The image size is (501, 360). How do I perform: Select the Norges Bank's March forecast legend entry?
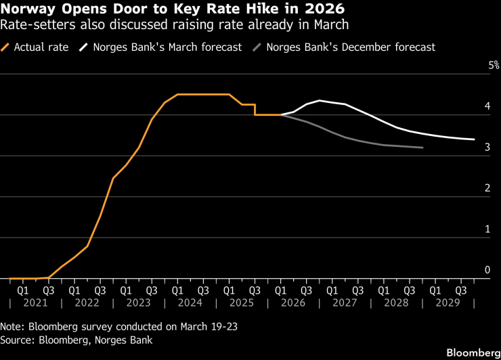[x=160, y=47]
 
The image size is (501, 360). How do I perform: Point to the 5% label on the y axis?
[x=494, y=66]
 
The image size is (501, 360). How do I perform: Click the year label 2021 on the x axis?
[x=35, y=304]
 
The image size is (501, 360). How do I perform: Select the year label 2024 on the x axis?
[x=190, y=304]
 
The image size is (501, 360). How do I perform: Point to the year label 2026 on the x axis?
[x=293, y=304]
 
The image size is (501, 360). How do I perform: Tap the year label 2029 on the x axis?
[x=448, y=304]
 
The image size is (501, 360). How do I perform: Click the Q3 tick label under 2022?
[x=100, y=290]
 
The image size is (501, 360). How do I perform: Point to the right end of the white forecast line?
[x=474, y=139]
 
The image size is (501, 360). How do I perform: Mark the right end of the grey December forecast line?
[x=422, y=148]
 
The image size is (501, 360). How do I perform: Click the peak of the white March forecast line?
[x=319, y=101]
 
